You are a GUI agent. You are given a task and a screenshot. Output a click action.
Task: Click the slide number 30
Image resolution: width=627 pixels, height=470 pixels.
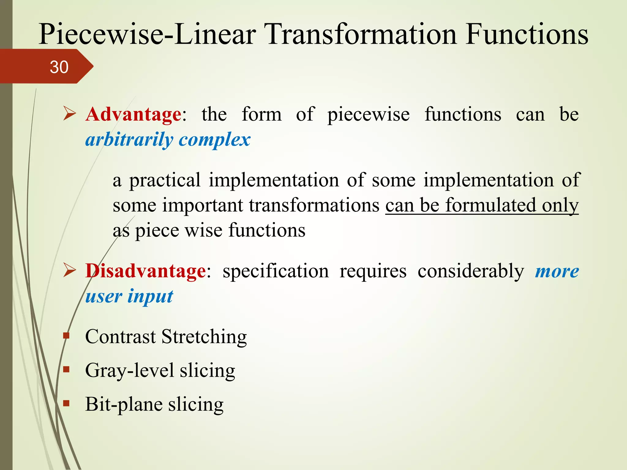[59, 67]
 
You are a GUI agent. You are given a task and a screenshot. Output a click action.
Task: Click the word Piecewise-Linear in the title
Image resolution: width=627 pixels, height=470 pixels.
[147, 34]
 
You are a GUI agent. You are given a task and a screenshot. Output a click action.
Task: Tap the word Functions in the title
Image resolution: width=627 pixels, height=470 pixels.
[527, 34]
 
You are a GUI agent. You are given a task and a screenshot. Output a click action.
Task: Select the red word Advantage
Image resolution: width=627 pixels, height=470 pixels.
[134, 114]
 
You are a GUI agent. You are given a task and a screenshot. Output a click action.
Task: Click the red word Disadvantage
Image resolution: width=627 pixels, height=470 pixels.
[146, 271]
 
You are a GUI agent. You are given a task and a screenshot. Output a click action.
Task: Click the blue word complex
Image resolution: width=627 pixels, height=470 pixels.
[214, 140]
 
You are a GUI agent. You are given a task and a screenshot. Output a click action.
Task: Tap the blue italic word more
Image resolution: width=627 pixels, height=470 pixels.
[557, 271]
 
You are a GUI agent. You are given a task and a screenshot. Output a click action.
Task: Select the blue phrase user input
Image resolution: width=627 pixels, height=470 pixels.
[129, 297]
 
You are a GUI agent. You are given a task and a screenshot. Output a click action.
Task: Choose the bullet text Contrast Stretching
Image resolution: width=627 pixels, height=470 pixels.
[166, 337]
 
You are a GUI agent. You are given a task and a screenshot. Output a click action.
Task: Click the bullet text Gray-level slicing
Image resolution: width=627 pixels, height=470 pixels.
[160, 370]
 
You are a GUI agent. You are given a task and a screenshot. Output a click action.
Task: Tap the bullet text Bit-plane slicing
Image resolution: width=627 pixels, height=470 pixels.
[154, 404]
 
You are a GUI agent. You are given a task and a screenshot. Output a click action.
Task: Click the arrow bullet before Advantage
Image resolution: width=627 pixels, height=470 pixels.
[69, 114]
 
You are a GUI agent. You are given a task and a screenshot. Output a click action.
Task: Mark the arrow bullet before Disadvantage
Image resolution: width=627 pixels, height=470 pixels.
[69, 270]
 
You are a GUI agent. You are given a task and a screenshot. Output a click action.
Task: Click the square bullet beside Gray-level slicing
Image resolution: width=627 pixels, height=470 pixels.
[66, 370]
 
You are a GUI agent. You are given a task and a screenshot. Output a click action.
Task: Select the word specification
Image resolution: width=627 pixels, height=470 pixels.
[276, 271]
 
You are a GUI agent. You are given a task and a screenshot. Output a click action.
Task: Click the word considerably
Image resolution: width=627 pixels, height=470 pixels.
[471, 271]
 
